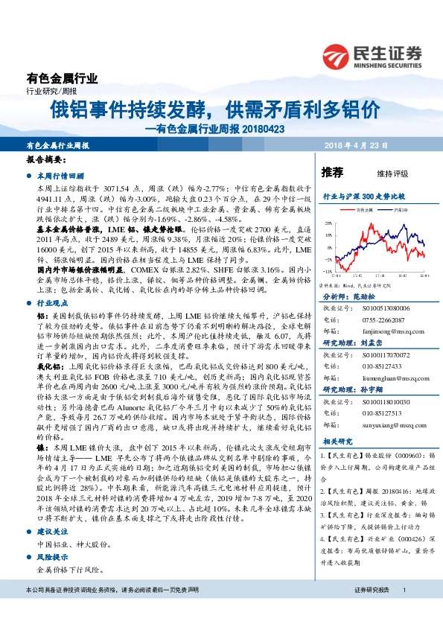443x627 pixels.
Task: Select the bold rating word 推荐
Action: click(332, 173)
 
